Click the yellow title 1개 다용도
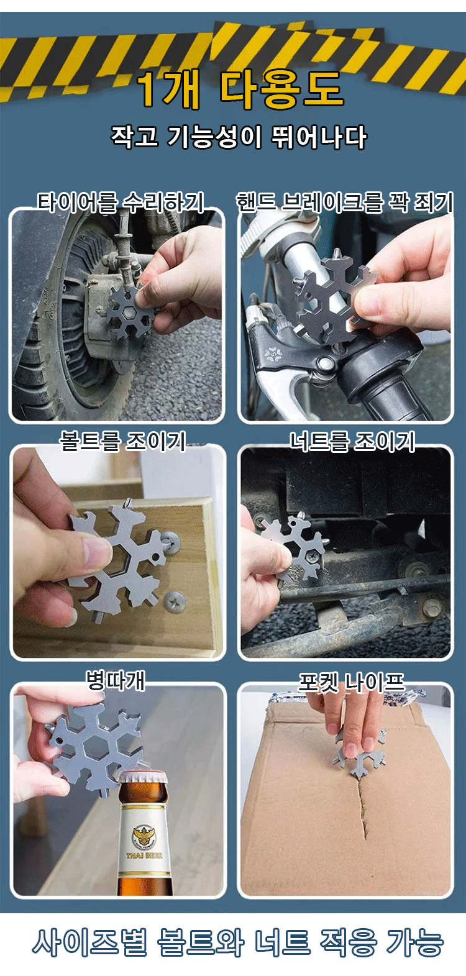(x=240, y=90)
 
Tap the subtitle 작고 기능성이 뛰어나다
(x=239, y=137)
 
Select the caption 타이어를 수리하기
(x=121, y=202)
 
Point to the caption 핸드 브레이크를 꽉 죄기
(x=344, y=202)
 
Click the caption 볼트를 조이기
(x=122, y=440)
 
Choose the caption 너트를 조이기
(x=352, y=441)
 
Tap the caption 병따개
(x=116, y=680)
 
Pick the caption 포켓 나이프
(x=351, y=682)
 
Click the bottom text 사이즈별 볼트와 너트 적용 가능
(x=238, y=943)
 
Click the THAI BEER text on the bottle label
(x=144, y=855)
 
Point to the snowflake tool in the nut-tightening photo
(x=297, y=547)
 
